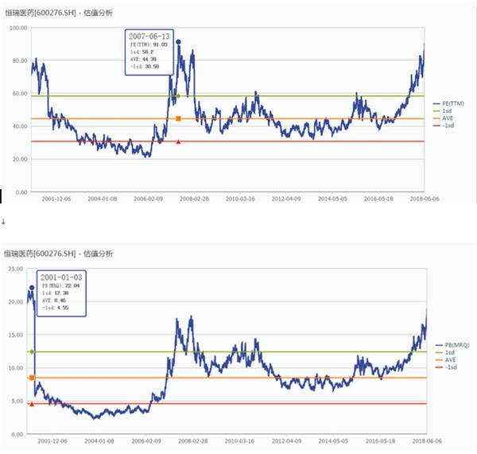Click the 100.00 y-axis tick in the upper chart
coord(18,27)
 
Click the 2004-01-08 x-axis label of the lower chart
coord(102,440)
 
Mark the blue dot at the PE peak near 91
coord(178,41)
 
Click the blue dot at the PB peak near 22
coord(32,288)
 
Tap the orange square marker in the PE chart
coord(178,118)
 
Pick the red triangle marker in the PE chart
coord(178,142)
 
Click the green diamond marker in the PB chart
coord(32,351)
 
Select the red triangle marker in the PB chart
coord(32,404)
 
